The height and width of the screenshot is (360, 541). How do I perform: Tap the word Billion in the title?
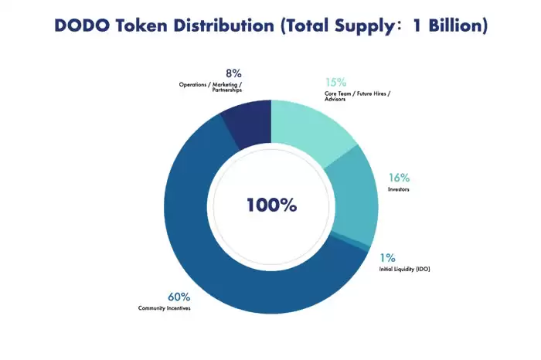[x=454, y=25]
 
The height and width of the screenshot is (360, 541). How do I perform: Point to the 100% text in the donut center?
[x=271, y=205]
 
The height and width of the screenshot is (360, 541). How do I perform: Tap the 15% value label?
[x=335, y=82]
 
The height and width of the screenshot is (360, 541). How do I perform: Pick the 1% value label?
[x=387, y=257]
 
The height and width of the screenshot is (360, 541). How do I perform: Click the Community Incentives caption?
[x=164, y=308]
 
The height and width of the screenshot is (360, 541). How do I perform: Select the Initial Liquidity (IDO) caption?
[x=404, y=269]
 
